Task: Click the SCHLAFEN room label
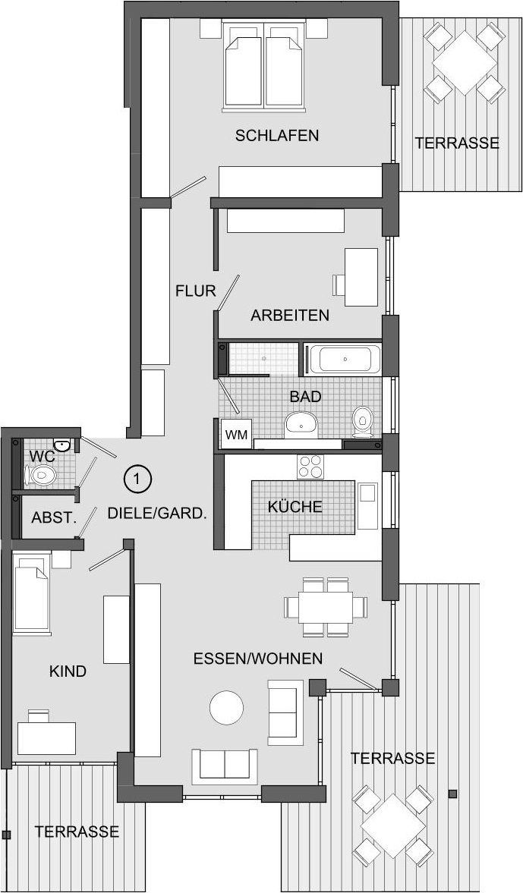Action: coord(277,136)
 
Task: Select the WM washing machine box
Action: coord(236,435)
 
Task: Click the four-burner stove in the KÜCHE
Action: coord(310,467)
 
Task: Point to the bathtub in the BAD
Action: coord(344,359)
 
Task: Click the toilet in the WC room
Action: coord(40,473)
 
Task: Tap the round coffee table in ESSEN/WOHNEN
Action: coord(227,707)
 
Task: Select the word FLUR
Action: coord(195,291)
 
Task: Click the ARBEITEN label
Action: coord(290,315)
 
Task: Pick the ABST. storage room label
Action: coord(54,517)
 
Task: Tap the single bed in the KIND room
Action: coord(32,593)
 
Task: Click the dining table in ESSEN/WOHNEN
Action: coord(326,607)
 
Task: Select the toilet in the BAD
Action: coord(362,420)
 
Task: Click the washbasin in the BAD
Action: coord(301,423)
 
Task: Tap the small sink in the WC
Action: coord(61,444)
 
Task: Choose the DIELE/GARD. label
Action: coord(156,513)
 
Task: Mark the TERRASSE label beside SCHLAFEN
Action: coord(457,143)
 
